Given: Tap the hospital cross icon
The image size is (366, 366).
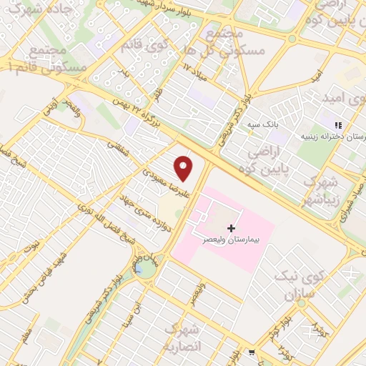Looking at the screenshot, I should point(230,227).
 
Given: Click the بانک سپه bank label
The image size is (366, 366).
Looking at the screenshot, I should point(262,124).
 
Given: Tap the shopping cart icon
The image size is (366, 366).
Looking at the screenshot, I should point(252,352).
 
